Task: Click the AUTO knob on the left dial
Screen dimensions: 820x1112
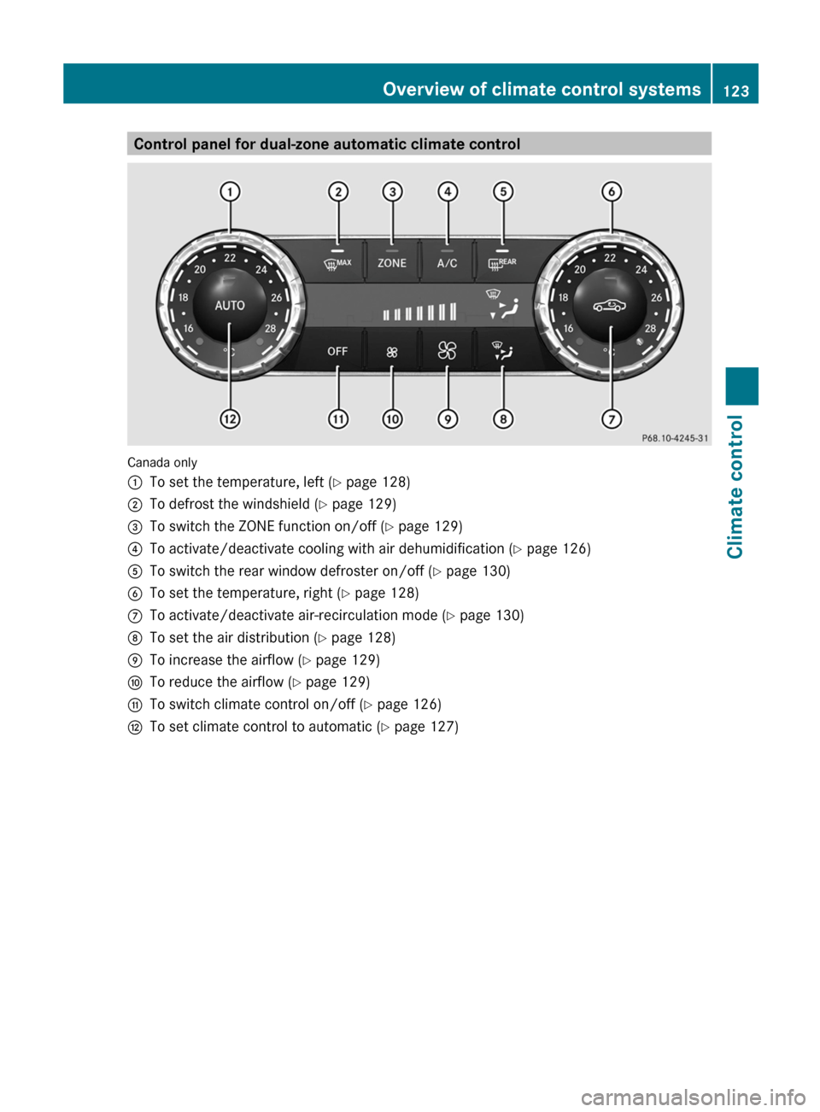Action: pos(229,305)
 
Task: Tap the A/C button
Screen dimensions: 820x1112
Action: pos(448,262)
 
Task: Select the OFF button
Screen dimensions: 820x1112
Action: pos(337,352)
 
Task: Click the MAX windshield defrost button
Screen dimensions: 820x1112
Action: pos(337,262)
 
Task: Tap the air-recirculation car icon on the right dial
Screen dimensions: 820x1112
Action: pos(610,305)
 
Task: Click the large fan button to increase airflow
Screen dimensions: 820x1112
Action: pos(448,352)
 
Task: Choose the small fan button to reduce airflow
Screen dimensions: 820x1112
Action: pos(392,352)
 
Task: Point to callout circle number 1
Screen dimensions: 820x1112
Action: pos(230,191)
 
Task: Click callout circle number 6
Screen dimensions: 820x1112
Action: pos(612,191)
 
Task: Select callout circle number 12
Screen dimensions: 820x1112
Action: pos(230,419)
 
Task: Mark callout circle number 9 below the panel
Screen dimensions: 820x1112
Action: pos(448,419)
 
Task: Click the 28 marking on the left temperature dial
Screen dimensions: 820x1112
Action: pos(270,329)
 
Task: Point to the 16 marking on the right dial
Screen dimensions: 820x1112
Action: pos(568,328)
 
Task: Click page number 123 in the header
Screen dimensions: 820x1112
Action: pos(736,91)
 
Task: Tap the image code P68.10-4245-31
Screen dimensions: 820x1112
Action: pos(675,438)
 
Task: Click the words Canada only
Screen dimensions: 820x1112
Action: pos(162,463)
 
